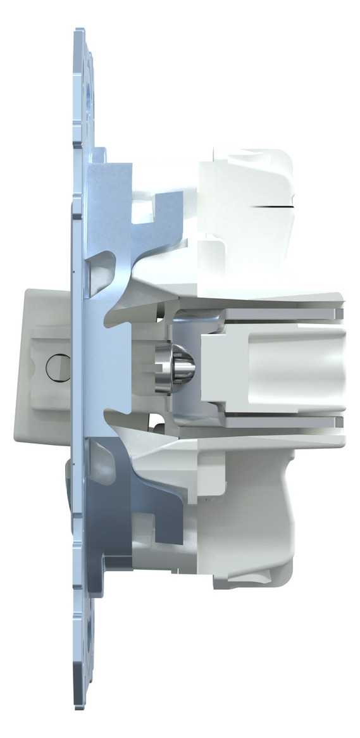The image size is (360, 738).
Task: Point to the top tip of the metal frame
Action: tap(79, 30)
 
